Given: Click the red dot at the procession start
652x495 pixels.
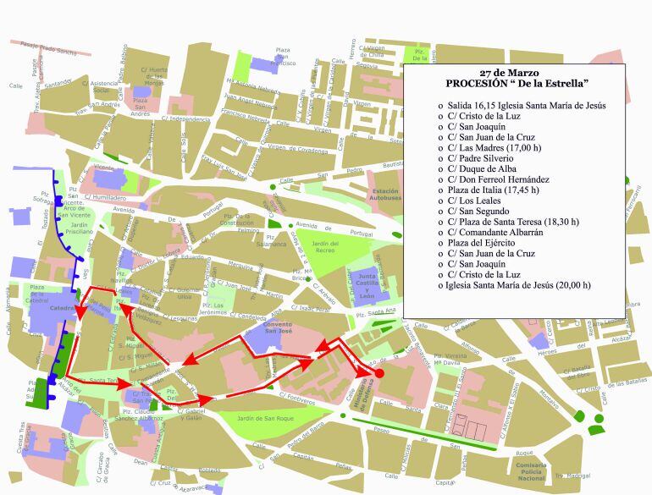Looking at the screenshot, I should [379, 373].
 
